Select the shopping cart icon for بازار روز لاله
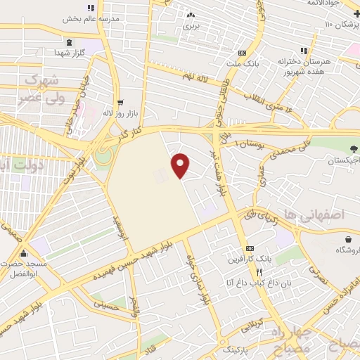coord(120,101)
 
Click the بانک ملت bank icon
coord(242,53)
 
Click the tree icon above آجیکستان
coord(354,148)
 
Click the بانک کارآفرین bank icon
coord(250,250)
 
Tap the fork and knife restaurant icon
coord(259,272)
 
